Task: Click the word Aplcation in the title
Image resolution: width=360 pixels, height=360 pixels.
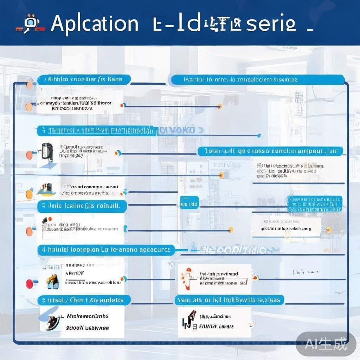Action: (x=94, y=24)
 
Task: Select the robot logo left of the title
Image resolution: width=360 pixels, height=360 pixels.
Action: (x=30, y=24)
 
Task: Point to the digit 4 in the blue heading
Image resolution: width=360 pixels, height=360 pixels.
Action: (x=44, y=250)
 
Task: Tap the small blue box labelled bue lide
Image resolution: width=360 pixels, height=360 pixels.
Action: (x=189, y=204)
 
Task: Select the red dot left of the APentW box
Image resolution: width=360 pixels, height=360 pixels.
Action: (x=29, y=283)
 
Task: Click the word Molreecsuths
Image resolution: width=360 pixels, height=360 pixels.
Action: (x=88, y=316)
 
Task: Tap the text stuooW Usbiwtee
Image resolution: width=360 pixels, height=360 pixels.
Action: (x=88, y=328)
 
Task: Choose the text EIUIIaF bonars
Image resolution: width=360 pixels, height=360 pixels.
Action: (x=216, y=326)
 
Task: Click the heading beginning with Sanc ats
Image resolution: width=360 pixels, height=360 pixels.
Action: (x=229, y=300)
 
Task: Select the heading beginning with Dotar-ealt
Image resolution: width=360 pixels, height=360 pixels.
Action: (x=270, y=152)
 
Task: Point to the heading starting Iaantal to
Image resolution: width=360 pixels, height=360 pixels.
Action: (x=240, y=80)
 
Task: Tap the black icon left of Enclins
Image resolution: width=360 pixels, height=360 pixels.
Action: (x=189, y=320)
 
